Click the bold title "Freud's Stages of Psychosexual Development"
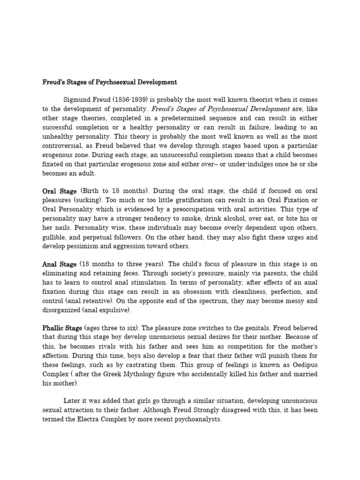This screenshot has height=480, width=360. (110, 82)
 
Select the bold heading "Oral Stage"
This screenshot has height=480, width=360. (60, 191)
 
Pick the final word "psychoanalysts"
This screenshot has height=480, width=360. (196, 420)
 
